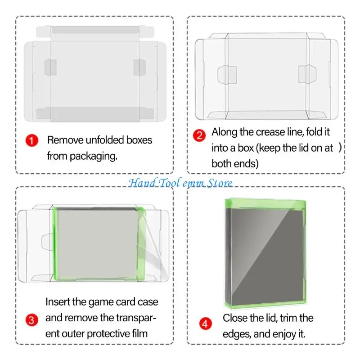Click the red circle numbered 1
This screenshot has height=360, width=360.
pos(31,140)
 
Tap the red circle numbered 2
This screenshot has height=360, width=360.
pos(199,135)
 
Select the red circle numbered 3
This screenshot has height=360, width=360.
pos(31,320)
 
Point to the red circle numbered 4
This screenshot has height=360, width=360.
pos(205,324)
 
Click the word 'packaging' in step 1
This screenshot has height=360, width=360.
pos(93,157)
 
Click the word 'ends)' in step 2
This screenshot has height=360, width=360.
pos(246,164)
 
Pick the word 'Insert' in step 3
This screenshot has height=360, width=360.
pos(58,301)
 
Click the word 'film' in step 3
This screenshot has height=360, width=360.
pos(139,333)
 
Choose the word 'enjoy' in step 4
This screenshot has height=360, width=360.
pos(275,334)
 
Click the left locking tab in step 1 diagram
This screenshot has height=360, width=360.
pos(50,67)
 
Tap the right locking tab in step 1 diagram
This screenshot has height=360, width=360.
pos(139,67)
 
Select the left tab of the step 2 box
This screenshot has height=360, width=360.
pos(227,75)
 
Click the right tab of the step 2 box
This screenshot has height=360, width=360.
pos(307,74)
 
